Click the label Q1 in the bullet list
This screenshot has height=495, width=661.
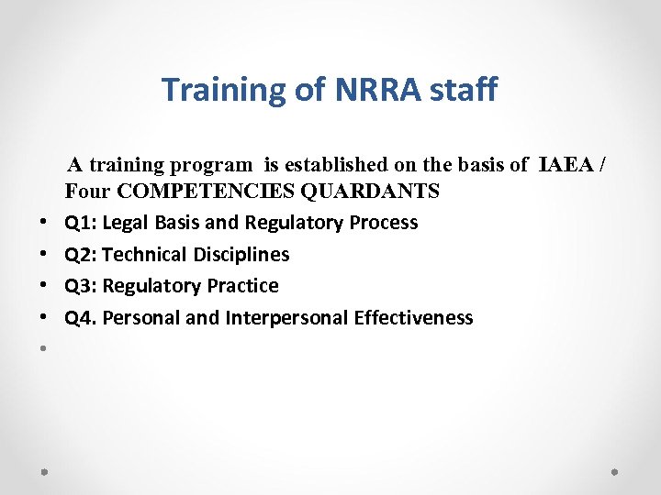click(79, 223)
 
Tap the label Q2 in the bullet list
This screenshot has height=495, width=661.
click(79, 255)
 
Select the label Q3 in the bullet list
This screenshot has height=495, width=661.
click(79, 286)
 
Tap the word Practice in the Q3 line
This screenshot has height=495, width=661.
click(244, 286)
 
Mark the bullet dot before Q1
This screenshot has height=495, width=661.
click(44, 224)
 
